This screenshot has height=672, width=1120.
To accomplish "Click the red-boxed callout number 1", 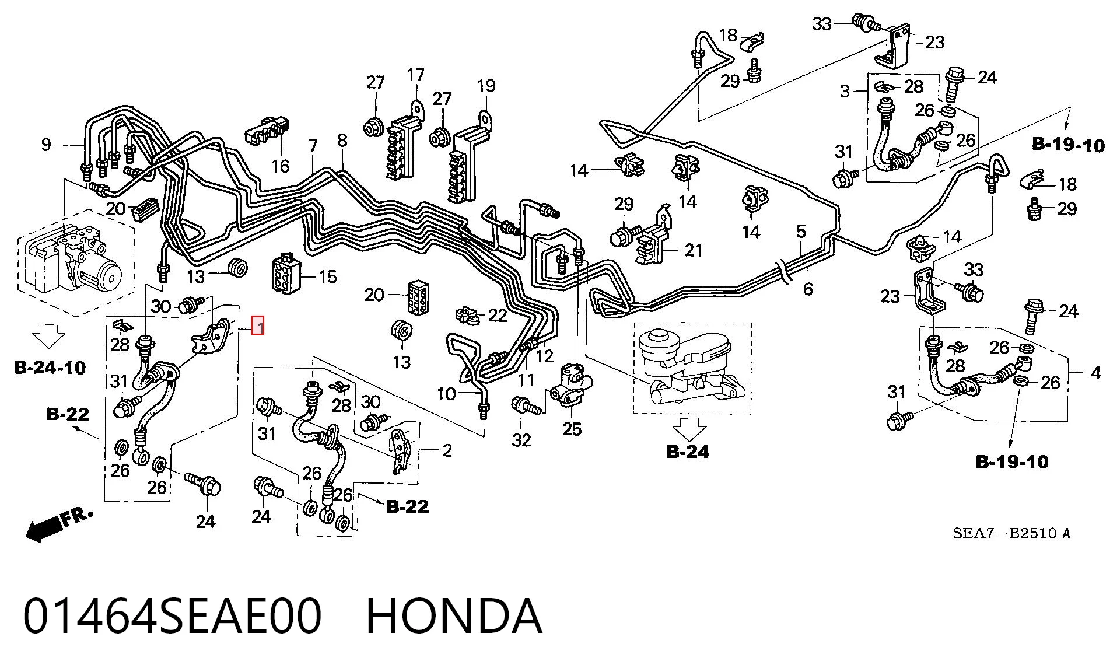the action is [258, 325].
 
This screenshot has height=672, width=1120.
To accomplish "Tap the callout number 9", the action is [47, 144].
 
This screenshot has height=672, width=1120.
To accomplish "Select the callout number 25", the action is [572, 429].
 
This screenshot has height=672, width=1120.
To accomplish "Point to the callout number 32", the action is [521, 440].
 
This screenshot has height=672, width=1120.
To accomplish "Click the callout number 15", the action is [328, 276].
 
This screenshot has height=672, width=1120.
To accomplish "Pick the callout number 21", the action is [693, 250].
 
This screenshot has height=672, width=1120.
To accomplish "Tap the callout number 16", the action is [280, 166].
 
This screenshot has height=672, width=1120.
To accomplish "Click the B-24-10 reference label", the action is [50, 367].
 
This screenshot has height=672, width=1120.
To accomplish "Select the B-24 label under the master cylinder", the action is [688, 452].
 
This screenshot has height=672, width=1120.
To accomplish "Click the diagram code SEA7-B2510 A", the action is [1012, 533].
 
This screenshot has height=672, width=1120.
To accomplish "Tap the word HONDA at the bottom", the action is [454, 616].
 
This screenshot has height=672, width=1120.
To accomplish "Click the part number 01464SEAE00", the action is [173, 616].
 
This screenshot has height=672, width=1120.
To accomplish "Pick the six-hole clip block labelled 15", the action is [286, 274].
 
